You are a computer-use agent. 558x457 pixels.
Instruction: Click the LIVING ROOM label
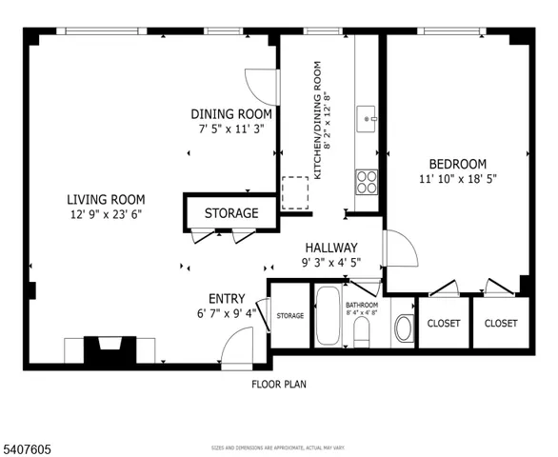coord(106,199)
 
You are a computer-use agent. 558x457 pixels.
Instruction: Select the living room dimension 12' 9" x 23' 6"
coord(106,214)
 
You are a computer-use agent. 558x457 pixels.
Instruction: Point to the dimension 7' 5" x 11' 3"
coord(229,129)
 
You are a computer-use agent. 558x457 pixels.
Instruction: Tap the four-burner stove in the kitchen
coord(367,181)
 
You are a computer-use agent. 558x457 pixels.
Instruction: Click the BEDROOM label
coord(457,164)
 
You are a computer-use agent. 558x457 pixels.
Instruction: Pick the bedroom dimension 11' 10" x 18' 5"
coord(457,179)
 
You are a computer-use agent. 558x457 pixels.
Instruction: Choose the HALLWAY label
coord(330,248)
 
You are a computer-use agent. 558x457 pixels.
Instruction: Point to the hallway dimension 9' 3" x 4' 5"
coord(330,263)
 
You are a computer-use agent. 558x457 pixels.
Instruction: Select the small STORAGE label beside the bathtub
coord(289,316)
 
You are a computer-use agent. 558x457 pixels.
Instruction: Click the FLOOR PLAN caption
coord(279,385)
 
